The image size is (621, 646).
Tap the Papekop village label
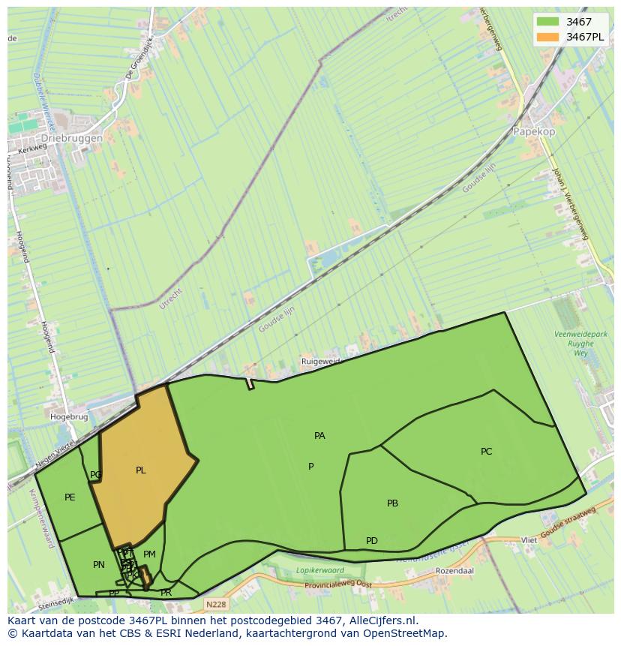(x=534, y=131)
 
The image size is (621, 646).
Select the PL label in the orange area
(x=141, y=470)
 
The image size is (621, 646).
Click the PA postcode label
(x=319, y=436)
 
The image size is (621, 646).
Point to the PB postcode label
(x=392, y=503)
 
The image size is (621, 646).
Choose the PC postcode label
(x=486, y=452)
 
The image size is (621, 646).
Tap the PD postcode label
(x=371, y=541)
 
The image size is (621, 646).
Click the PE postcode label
(x=70, y=497)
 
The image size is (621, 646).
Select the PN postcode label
(x=98, y=565)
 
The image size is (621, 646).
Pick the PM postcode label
(x=149, y=554)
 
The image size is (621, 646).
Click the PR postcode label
(x=166, y=593)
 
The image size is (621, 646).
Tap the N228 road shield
(x=215, y=603)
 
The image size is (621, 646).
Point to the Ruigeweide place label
(x=321, y=362)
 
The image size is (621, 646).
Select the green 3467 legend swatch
(x=548, y=22)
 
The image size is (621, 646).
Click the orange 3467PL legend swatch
(x=548, y=37)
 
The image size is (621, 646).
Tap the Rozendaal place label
(x=454, y=571)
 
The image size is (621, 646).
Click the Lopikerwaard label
(x=319, y=570)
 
